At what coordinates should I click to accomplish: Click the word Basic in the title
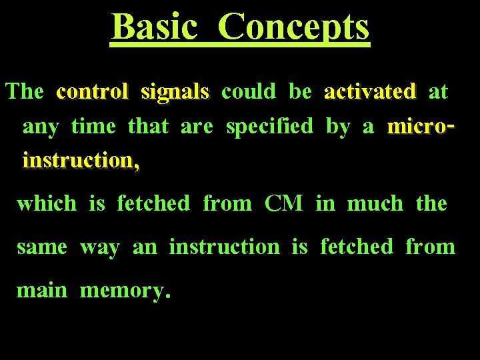tap(155, 27)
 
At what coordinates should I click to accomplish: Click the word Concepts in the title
tap(293, 28)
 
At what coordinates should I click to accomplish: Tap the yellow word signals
tap(175, 92)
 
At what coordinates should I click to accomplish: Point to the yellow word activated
tap(369, 91)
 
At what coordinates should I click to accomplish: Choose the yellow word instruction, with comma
tap(81, 161)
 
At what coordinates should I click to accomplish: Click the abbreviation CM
tap(283, 203)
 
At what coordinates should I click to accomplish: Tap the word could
tap(248, 91)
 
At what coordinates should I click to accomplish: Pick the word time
tap(93, 126)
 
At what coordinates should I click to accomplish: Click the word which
tap(47, 203)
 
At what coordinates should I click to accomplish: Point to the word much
tap(375, 203)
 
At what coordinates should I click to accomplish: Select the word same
tap(42, 247)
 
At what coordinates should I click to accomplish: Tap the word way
tap(100, 248)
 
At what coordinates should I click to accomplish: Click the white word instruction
tap(224, 247)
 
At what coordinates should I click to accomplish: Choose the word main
tap(41, 290)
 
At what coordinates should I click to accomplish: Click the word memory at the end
tap(124, 291)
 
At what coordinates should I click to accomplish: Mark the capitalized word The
tap(25, 91)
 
